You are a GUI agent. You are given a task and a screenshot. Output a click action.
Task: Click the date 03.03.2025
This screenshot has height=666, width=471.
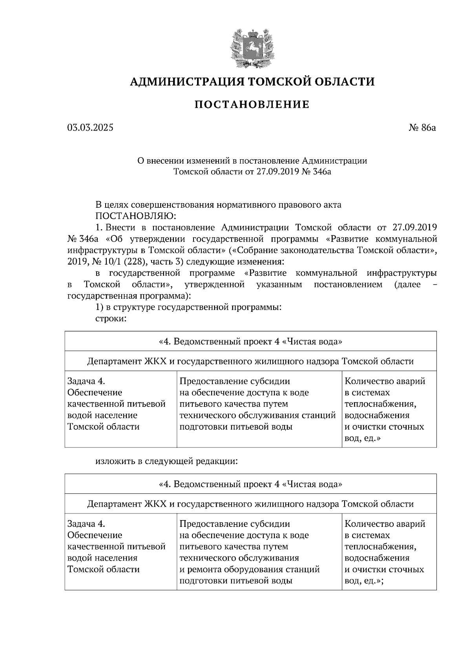pyautogui.click(x=90, y=127)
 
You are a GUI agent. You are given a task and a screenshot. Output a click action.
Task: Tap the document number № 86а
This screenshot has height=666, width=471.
pyautogui.click(x=422, y=127)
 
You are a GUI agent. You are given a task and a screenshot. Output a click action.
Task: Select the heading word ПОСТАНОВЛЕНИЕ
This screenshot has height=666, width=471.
pyautogui.click(x=252, y=105)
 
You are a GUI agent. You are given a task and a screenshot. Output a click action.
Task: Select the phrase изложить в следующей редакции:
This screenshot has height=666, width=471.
pyautogui.click(x=167, y=461)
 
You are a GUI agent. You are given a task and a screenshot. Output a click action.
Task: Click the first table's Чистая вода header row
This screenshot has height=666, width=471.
pyautogui.click(x=250, y=342)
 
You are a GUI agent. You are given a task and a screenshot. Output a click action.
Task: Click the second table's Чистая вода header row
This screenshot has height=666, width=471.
pyautogui.click(x=250, y=484)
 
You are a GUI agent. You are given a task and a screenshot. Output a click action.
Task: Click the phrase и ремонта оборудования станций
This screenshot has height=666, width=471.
pyautogui.click(x=249, y=570)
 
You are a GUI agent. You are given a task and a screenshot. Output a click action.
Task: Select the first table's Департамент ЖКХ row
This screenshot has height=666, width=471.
pyautogui.click(x=250, y=361)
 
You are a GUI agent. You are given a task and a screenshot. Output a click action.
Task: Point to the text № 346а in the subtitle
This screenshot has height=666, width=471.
pyautogui.click(x=317, y=172)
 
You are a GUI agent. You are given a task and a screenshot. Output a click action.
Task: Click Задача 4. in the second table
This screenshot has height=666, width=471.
pyautogui.click(x=86, y=524)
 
